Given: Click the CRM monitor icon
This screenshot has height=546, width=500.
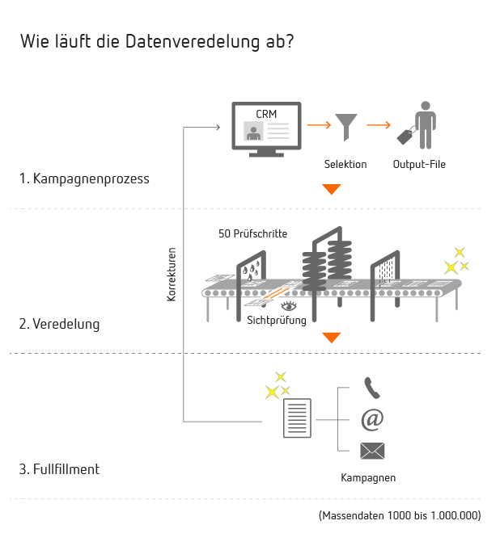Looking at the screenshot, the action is point(266,129).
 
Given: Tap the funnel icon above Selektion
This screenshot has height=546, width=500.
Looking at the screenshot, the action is point(345,126).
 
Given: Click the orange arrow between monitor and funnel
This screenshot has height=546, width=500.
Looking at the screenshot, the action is point(319,124).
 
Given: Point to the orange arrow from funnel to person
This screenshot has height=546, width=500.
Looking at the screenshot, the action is point(379,124).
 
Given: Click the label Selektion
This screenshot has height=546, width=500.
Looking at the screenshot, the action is point(345,164).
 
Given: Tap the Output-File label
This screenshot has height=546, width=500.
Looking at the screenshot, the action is point(419,164).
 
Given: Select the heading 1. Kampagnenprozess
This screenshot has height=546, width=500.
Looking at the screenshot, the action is point(84,178).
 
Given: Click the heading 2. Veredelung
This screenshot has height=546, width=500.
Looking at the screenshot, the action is point(59,324).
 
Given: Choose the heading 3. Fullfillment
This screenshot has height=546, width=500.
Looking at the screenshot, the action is point(59,469).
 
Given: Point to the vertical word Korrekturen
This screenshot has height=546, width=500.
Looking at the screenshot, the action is point(172,275).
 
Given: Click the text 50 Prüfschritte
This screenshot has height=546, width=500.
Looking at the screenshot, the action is point(253,233).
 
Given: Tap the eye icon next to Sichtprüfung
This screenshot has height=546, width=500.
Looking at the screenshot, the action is point(289,306).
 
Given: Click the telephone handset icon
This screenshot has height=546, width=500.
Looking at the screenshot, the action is point(372,388).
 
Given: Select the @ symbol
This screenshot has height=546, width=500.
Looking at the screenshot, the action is point(372,420).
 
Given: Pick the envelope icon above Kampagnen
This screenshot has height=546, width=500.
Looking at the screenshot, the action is point(372,451).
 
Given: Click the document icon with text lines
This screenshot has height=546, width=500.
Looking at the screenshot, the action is point(297,418).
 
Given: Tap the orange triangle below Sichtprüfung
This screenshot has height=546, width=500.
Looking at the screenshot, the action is point(332,338).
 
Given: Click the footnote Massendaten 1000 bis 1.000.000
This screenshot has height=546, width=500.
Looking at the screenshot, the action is point(400,515).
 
